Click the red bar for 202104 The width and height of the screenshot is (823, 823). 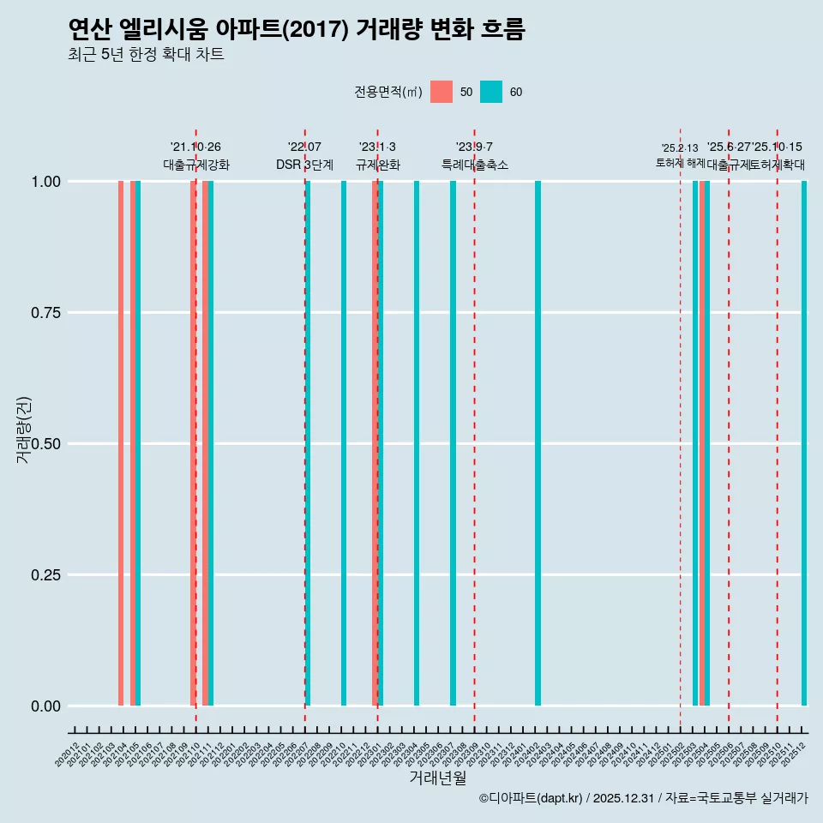coord(121,443)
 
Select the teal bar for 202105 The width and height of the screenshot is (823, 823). coord(138,443)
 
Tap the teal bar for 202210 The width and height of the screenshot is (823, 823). coord(344,443)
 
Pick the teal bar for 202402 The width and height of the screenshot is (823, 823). coord(538,443)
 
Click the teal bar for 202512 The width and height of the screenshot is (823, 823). coord(804,443)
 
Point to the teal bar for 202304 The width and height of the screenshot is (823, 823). coord(417,443)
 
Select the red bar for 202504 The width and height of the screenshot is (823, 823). coord(702,443)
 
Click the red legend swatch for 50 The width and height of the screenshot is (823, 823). coord(442,92)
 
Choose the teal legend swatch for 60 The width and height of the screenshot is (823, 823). coord(491,92)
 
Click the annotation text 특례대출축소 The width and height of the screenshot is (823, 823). coord(475,165)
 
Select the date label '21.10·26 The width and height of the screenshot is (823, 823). coord(195,147)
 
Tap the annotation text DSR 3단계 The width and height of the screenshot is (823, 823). coord(304,165)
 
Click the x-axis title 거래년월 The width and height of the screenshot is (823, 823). coord(437,778)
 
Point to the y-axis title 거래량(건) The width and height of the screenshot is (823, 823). coord(23,429)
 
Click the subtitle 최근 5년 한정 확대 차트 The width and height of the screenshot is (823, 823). coord(146,55)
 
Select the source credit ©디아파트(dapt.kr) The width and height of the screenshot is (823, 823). coord(532,798)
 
